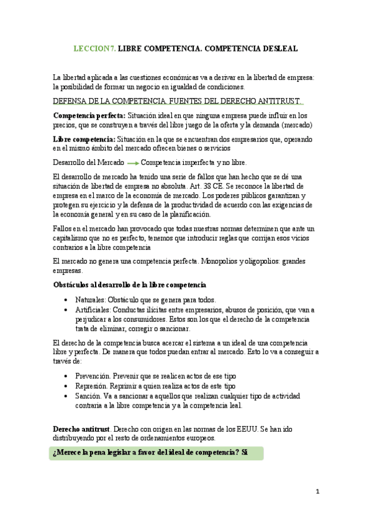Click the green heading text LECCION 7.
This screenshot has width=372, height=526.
(94, 47)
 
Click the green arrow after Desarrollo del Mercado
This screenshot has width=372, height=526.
(131, 163)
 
